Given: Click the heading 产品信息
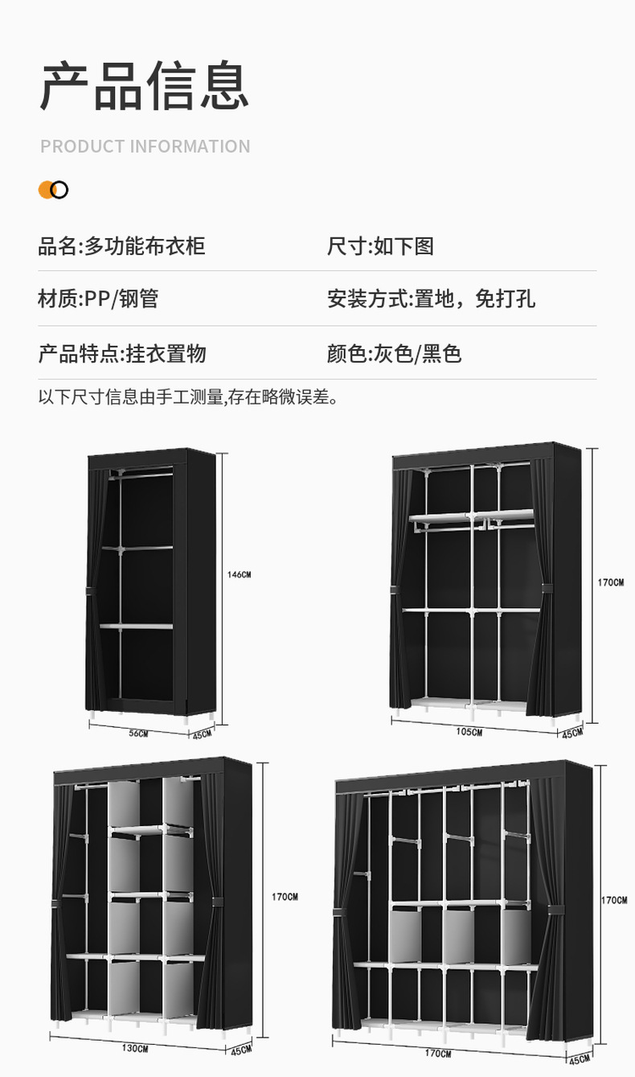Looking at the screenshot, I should [145, 85].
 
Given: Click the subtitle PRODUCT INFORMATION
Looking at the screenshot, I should [145, 146].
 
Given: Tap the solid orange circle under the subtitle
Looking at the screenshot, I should [47, 190].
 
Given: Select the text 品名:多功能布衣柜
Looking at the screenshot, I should [121, 245].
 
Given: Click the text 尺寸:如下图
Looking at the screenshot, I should [380, 245].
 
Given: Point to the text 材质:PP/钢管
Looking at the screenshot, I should [98, 298].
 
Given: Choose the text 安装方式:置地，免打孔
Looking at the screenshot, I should [431, 298].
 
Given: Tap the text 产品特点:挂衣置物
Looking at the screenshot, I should [122, 353].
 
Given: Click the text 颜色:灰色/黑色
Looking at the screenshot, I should [394, 353].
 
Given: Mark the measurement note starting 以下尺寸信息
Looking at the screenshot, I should [188, 397].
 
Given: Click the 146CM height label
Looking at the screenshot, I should [239, 574].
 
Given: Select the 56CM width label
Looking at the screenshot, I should [138, 733].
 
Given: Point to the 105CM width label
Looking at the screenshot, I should [469, 732].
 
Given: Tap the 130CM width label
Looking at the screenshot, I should [134, 1048].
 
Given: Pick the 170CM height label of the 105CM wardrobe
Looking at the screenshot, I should [610, 582].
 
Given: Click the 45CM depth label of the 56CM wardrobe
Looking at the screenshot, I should [201, 734].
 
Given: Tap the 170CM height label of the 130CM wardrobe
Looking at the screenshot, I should [285, 897].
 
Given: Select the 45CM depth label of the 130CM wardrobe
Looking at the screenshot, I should [240, 1050].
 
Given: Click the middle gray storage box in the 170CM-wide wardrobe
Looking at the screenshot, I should [458, 936].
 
